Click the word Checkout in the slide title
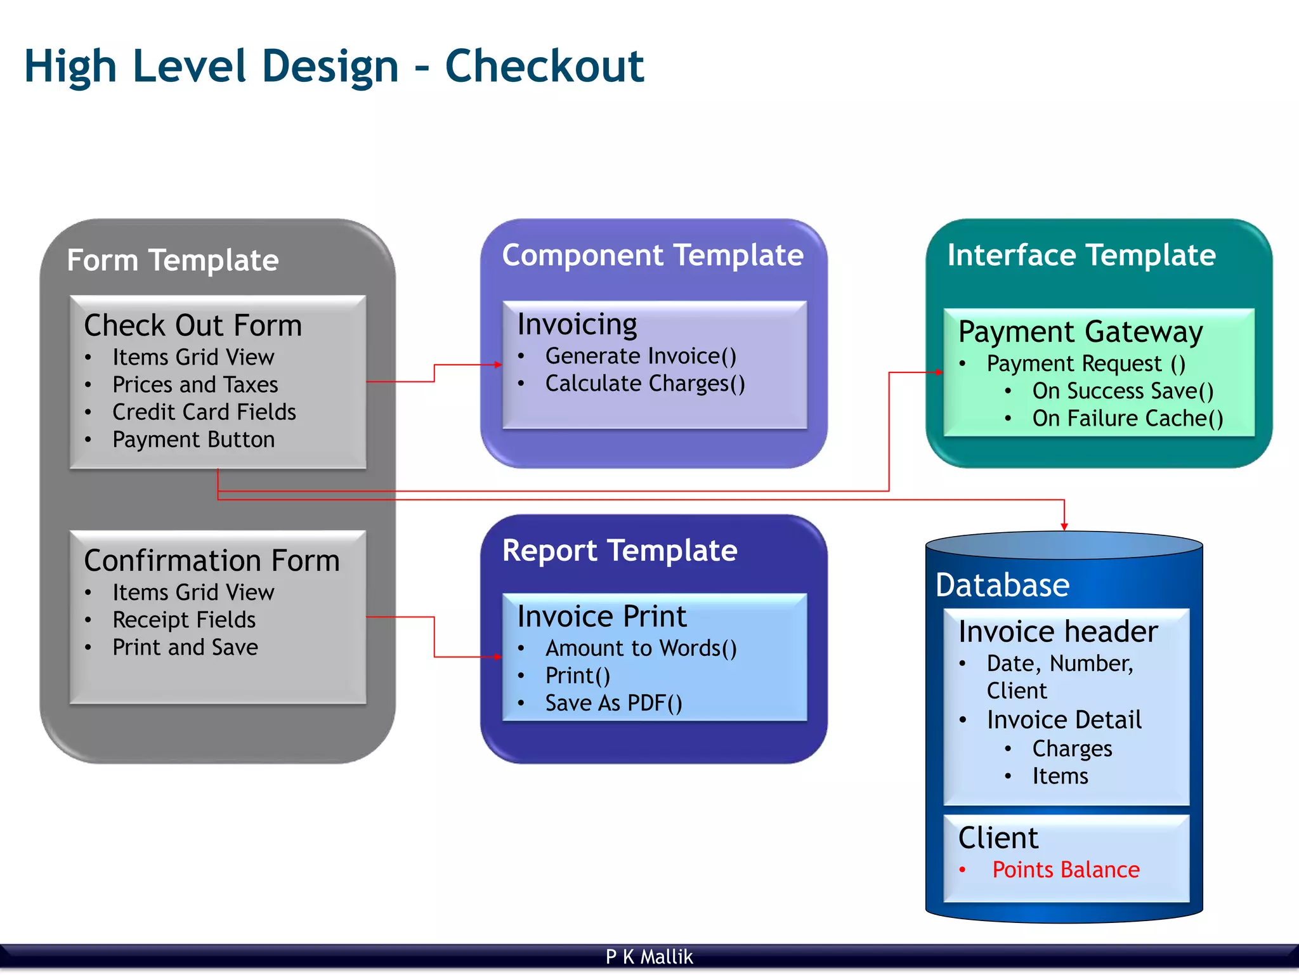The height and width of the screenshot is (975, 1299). point(544,67)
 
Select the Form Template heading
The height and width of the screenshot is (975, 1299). point(173,260)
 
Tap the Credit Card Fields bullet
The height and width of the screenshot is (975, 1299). point(204,412)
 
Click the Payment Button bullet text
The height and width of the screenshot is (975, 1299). point(193,440)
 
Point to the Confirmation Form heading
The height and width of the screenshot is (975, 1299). point(212,561)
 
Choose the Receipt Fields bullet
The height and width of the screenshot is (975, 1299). point(184,620)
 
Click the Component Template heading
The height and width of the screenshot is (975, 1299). point(653,255)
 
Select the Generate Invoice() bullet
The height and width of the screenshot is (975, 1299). point(641,356)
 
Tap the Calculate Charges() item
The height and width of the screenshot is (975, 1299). point(645,384)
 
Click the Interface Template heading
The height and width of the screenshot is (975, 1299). point(1081,255)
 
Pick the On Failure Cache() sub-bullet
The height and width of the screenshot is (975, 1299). point(1127,419)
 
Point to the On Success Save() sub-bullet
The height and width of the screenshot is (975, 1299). point(1123,391)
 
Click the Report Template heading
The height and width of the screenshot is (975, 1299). point(620,550)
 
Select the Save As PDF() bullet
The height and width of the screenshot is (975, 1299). point(613,703)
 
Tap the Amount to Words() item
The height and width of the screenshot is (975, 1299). point(641,648)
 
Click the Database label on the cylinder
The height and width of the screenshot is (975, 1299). point(1002,585)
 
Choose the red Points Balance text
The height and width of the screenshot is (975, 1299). point(1066,870)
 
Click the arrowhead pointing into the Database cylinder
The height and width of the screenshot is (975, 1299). point(1064,527)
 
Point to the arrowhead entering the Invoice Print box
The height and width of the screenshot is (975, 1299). point(498,657)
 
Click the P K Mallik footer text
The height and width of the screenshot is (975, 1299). point(649,957)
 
